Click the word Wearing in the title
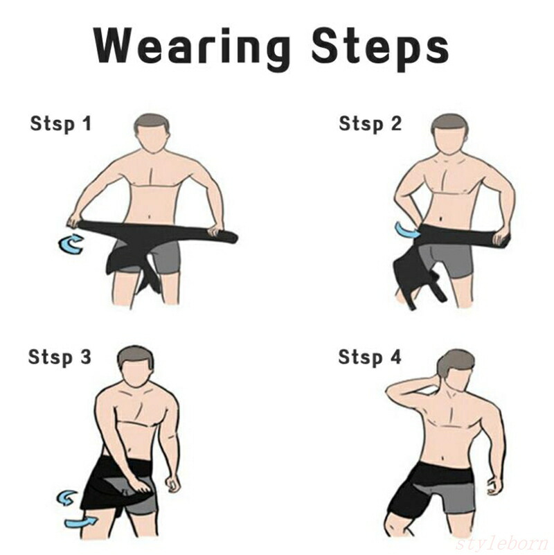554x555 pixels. [x=192, y=47]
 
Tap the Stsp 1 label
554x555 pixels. [x=60, y=124]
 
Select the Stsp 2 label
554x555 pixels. [x=370, y=124]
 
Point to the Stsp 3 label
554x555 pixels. [x=60, y=357]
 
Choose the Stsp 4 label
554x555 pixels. [x=370, y=357]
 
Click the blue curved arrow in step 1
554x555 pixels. [x=71, y=243]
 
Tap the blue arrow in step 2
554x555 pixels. [x=406, y=231]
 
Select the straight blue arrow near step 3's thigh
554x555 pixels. [x=81, y=522]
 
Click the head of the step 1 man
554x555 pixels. [x=152, y=134]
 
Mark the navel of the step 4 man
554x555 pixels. [x=444, y=459]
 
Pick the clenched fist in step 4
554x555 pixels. [x=494, y=487]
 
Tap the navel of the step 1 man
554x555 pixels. [x=149, y=216]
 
